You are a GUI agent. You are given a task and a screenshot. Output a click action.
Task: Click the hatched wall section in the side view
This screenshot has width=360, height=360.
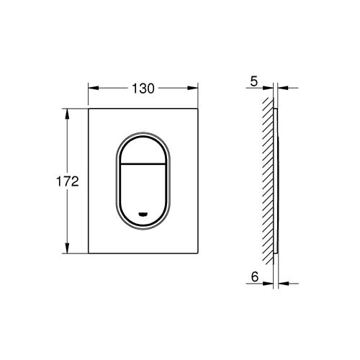tap(267, 180)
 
